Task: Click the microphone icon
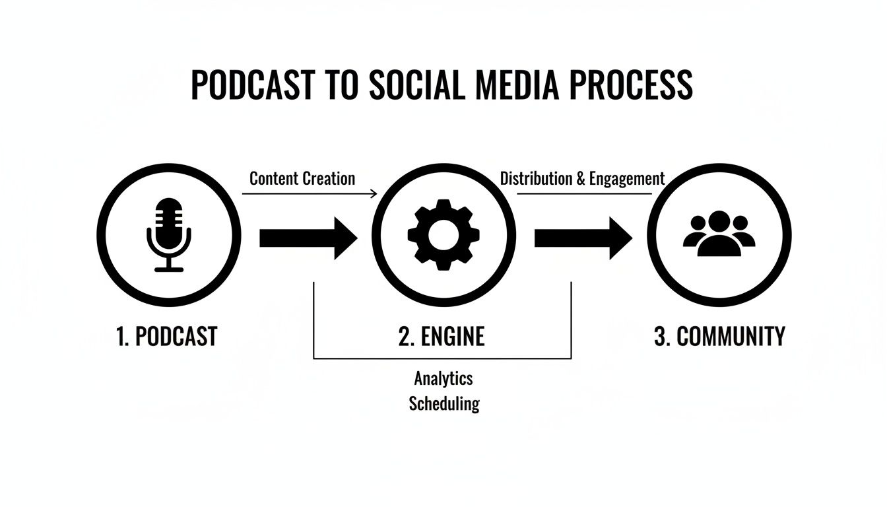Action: [x=168, y=234]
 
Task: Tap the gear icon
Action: [x=443, y=235]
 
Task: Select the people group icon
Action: [x=719, y=235]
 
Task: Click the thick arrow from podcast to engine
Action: [x=308, y=238]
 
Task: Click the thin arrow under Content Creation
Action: [x=310, y=193]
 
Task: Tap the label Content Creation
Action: [x=302, y=178]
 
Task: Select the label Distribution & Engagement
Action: [x=582, y=178]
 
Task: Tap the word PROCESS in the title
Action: [x=637, y=85]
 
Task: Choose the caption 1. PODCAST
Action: [x=166, y=337]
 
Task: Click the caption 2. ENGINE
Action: [x=442, y=337]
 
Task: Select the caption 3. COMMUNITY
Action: [x=719, y=337]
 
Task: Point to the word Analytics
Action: [x=443, y=378]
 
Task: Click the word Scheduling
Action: [x=443, y=403]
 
